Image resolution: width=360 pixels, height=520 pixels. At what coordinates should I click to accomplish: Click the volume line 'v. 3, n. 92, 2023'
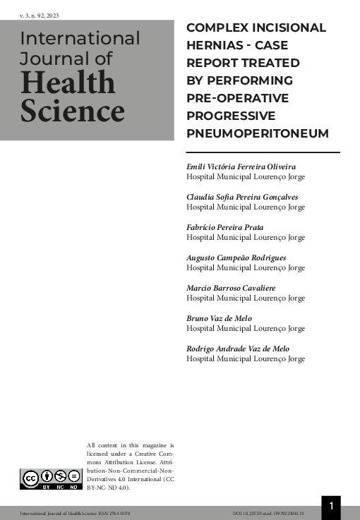pyautogui.click(x=40, y=15)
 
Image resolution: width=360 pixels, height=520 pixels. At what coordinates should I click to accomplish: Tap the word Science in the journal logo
pyautogui.click(x=72, y=111)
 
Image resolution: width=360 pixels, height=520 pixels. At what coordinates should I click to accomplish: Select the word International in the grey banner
pyautogui.click(x=80, y=38)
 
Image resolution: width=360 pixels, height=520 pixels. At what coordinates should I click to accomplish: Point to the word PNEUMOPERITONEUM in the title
pyautogui.click(x=248, y=133)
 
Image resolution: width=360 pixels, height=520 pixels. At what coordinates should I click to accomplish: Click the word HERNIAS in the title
pyautogui.click(x=215, y=45)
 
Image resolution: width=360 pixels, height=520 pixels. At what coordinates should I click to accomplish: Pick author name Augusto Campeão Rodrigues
pyautogui.click(x=236, y=258)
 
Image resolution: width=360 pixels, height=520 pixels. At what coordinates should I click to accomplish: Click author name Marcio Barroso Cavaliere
pyautogui.click(x=231, y=288)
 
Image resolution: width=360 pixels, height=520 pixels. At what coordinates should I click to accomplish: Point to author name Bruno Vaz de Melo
pyautogui.click(x=220, y=318)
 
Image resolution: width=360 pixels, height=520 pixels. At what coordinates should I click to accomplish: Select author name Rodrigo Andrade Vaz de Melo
pyautogui.click(x=238, y=349)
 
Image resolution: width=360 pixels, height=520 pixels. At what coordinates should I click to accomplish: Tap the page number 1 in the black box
pyautogui.click(x=331, y=506)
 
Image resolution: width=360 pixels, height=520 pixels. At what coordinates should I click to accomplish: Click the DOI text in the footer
pyautogui.click(x=268, y=513)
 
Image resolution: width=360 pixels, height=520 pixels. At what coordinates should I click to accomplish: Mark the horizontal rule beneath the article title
pyautogui.click(x=263, y=152)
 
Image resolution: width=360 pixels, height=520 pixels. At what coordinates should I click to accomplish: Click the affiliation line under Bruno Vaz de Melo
pyautogui.click(x=246, y=328)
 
